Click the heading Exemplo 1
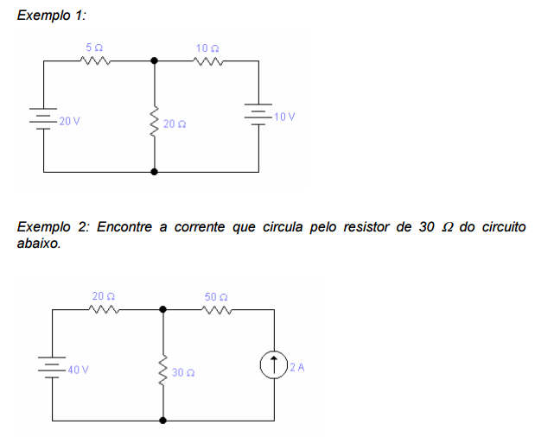[51, 16]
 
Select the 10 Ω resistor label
[207, 48]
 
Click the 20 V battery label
[69, 121]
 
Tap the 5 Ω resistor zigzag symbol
[94, 60]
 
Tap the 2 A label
[298, 367]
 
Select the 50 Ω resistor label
[216, 297]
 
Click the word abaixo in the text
[38, 244]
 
